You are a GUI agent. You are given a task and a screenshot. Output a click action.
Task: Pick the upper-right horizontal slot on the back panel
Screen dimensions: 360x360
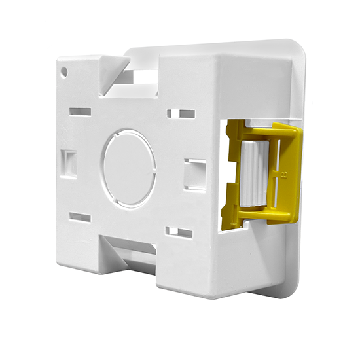[x=181, y=114]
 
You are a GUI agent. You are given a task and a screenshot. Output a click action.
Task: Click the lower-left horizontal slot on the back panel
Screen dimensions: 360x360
[x=79, y=217]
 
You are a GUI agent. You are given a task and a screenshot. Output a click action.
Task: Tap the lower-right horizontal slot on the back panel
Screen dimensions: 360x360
[x=179, y=232]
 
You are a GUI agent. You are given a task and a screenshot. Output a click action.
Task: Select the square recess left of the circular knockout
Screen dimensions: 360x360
[x=69, y=159]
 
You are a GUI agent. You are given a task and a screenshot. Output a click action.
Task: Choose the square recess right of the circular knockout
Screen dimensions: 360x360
[x=194, y=170]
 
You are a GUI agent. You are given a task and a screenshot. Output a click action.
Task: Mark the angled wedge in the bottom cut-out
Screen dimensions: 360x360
[x=124, y=259]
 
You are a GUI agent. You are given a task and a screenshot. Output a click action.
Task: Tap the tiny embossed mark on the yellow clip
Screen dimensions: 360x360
[x=283, y=175]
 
